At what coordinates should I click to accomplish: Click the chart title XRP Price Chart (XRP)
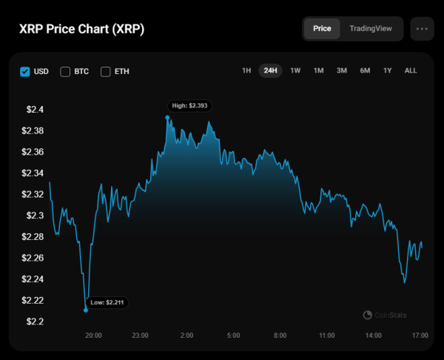coord(81,30)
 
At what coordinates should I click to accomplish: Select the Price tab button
coord(322,29)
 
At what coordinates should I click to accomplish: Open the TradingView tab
coord(370,29)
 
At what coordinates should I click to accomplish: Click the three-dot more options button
coord(423,29)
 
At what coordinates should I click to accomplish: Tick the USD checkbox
coord(25,71)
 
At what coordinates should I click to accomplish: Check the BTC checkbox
coord(65,71)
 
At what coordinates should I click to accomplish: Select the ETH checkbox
coord(105,71)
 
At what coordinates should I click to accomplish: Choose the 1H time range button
coord(246,71)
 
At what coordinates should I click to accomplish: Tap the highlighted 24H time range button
coord(270,71)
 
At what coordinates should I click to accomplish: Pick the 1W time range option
coord(295,71)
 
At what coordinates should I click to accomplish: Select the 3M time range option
coord(342,71)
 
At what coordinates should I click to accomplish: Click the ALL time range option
coord(411,71)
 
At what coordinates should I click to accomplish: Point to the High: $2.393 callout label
coord(190,106)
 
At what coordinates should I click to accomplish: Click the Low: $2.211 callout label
coord(109,302)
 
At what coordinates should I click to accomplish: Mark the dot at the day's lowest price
coord(86,310)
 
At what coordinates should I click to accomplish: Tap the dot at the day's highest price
coord(167,117)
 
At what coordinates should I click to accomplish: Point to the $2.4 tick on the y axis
coord(35,110)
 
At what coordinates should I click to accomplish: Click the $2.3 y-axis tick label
coord(35,216)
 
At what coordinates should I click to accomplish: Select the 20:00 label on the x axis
coord(93,336)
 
